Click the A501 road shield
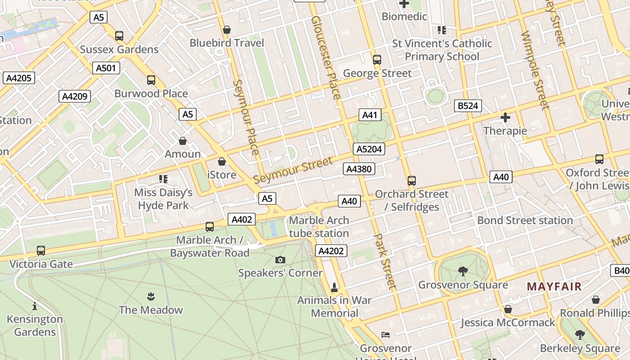106,68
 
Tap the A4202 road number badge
331,251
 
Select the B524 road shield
468,106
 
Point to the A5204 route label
369,149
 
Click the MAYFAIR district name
554,286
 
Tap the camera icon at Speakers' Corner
280,260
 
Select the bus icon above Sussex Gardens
119,36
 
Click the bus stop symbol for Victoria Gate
41,251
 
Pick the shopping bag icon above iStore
222,162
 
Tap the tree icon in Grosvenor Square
463,271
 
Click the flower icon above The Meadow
151,296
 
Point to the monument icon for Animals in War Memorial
334,287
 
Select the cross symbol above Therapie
505,118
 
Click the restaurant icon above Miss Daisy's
163,179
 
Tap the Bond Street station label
525,220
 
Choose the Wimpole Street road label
535,70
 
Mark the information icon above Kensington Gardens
35,306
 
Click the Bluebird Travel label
227,43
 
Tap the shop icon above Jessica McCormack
508,309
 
